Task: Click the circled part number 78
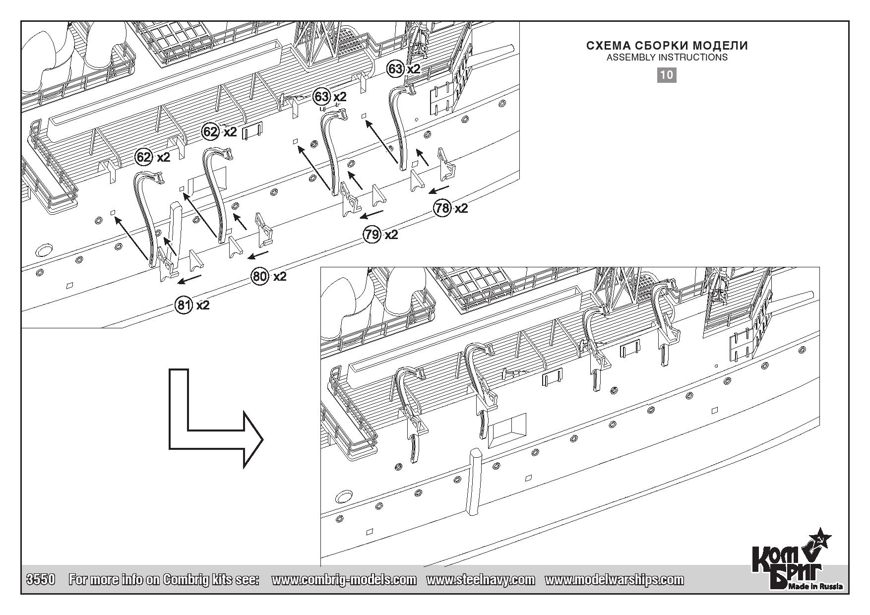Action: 442,208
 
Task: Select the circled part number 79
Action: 372,234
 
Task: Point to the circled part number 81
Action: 184,305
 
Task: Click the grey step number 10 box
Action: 667,75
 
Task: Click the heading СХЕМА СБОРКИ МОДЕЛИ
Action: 667,46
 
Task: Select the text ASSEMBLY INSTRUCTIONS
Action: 667,58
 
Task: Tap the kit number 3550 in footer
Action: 40,580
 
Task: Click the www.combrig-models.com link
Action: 344,580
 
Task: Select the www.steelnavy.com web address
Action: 481,580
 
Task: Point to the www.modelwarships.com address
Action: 614,580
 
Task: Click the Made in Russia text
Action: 816,587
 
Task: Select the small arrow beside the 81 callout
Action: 190,279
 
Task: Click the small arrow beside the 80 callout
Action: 258,255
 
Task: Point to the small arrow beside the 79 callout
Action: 371,214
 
